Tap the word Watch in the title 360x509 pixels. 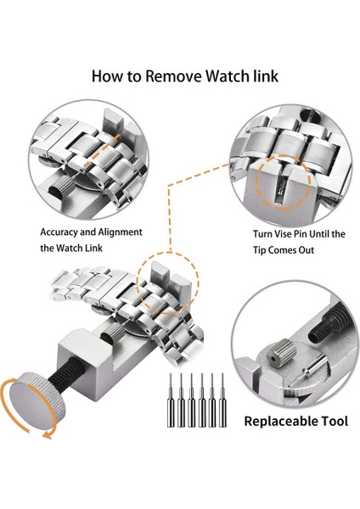pyautogui.click(x=228, y=76)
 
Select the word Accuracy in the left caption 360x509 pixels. pyautogui.click(x=59, y=232)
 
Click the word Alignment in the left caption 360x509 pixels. pyautogui.click(x=121, y=232)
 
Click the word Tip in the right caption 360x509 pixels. pyautogui.click(x=260, y=250)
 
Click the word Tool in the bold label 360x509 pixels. pyautogui.click(x=335, y=421)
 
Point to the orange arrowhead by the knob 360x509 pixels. pyautogui.click(x=48, y=435)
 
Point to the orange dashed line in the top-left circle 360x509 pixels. pyautogui.click(x=101, y=150)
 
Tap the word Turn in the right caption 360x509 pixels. pyautogui.click(x=262, y=234)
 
